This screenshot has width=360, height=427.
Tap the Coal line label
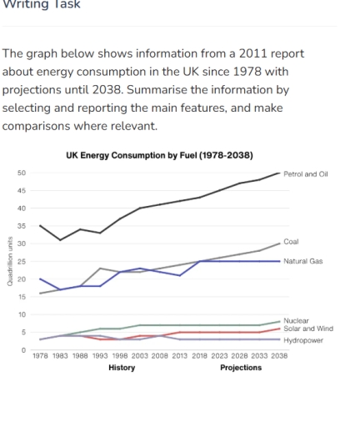[291, 242]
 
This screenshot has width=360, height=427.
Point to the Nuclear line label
[296, 320]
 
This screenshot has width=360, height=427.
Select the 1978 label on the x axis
[40, 356]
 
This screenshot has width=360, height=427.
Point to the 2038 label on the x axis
[279, 356]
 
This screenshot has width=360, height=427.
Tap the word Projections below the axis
[241, 366]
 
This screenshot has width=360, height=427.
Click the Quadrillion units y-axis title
[9, 262]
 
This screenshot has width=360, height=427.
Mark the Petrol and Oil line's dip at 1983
[59, 240]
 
